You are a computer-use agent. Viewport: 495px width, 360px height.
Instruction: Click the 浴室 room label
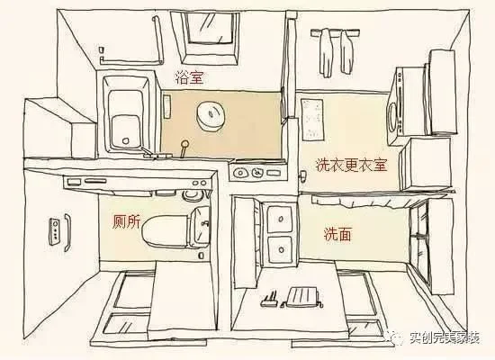pos(189,77)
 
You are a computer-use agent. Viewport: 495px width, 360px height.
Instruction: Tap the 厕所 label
pos(127,221)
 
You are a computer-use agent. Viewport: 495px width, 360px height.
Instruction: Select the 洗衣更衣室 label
pos(351,165)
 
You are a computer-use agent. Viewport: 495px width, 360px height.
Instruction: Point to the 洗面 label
pos(337,234)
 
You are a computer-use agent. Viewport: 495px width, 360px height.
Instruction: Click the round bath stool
pos(211,116)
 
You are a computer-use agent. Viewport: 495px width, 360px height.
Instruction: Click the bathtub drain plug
pos(125,140)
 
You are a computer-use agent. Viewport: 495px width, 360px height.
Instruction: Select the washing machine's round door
pos(392,117)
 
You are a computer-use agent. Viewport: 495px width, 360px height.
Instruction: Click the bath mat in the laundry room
pos(312,120)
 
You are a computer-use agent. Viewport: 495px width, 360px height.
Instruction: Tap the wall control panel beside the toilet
pos(54,231)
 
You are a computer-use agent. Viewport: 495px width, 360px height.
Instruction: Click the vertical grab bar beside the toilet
pos(67,233)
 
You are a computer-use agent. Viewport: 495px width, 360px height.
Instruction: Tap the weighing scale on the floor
pos(302,297)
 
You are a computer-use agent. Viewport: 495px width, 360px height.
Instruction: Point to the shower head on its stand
pos(184,148)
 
